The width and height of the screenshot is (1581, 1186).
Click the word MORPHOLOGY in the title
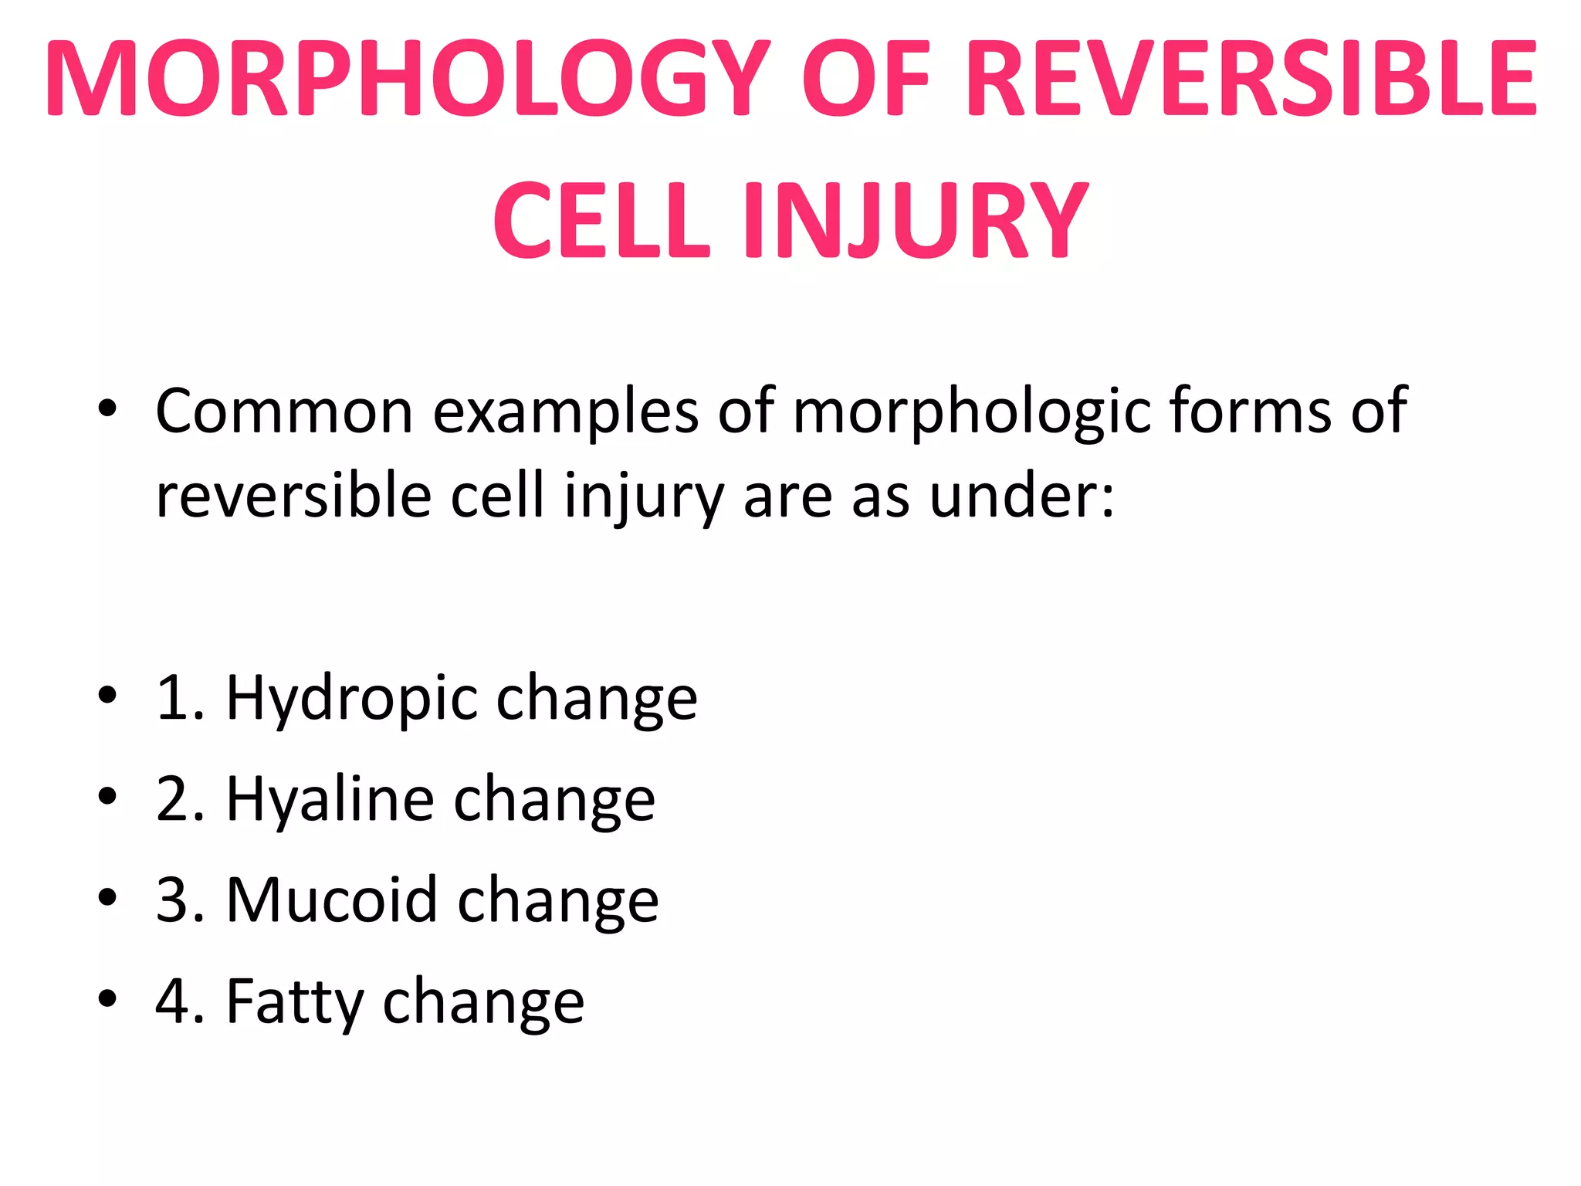(408, 80)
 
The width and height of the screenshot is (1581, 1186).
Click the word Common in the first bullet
(284, 411)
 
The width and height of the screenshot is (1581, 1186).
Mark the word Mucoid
(332, 900)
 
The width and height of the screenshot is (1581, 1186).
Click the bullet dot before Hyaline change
(107, 796)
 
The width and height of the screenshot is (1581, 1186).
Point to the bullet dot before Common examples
(107, 408)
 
